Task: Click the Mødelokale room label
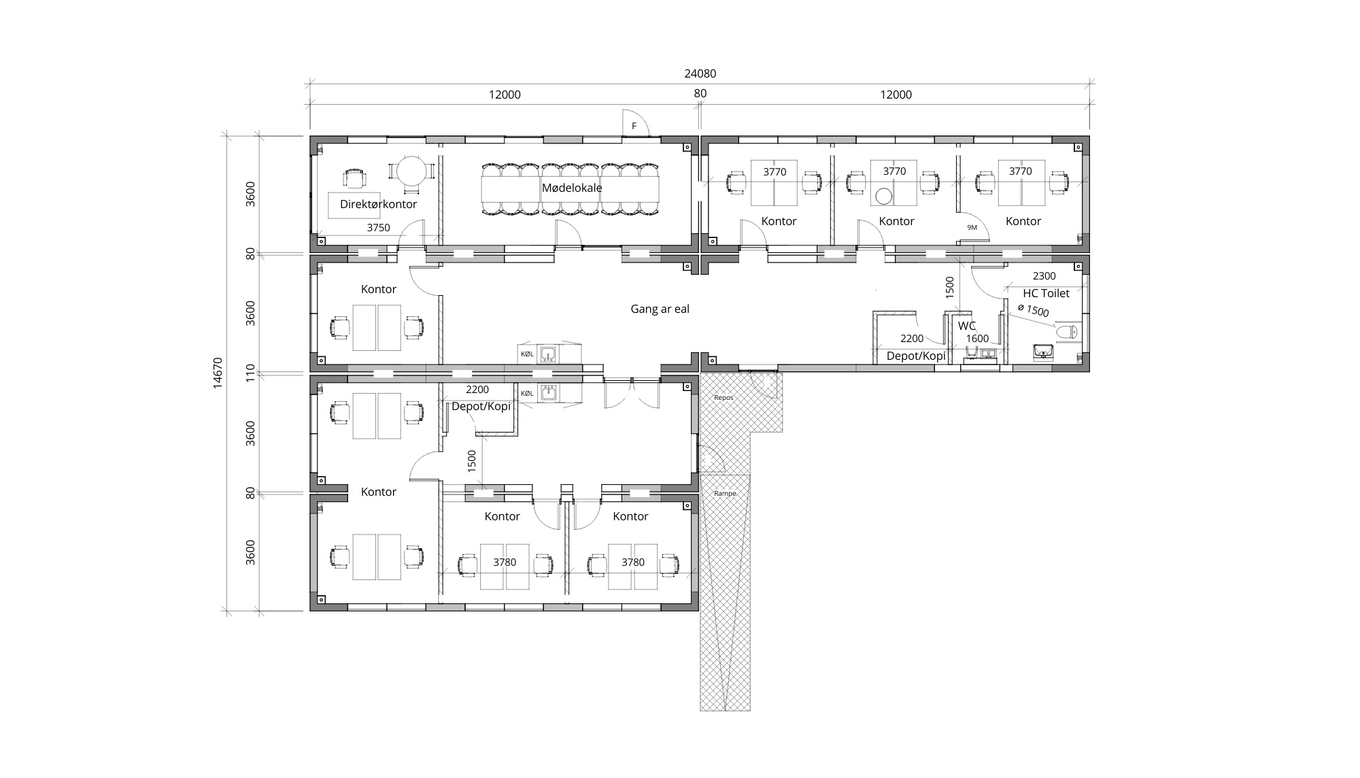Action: pos(571,188)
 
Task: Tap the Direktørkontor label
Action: pos(378,204)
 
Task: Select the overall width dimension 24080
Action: pos(700,73)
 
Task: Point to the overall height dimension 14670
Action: pos(218,373)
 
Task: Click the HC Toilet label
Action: pos(1046,293)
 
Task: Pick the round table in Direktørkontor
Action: pos(411,171)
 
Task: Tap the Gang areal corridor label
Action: pos(660,309)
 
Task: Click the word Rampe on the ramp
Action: pos(725,494)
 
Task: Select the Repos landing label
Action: pos(724,398)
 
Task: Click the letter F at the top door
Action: pos(634,126)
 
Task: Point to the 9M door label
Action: pos(972,227)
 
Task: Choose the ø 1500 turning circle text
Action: pos(1034,310)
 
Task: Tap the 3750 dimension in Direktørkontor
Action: pos(378,228)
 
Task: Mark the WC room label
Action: pos(966,326)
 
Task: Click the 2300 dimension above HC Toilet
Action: pos(1044,276)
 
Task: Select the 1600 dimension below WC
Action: pos(977,339)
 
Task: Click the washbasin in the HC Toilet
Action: pos(1043,352)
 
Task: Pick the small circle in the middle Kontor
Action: pos(883,197)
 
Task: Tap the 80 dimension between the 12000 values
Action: pos(700,94)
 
